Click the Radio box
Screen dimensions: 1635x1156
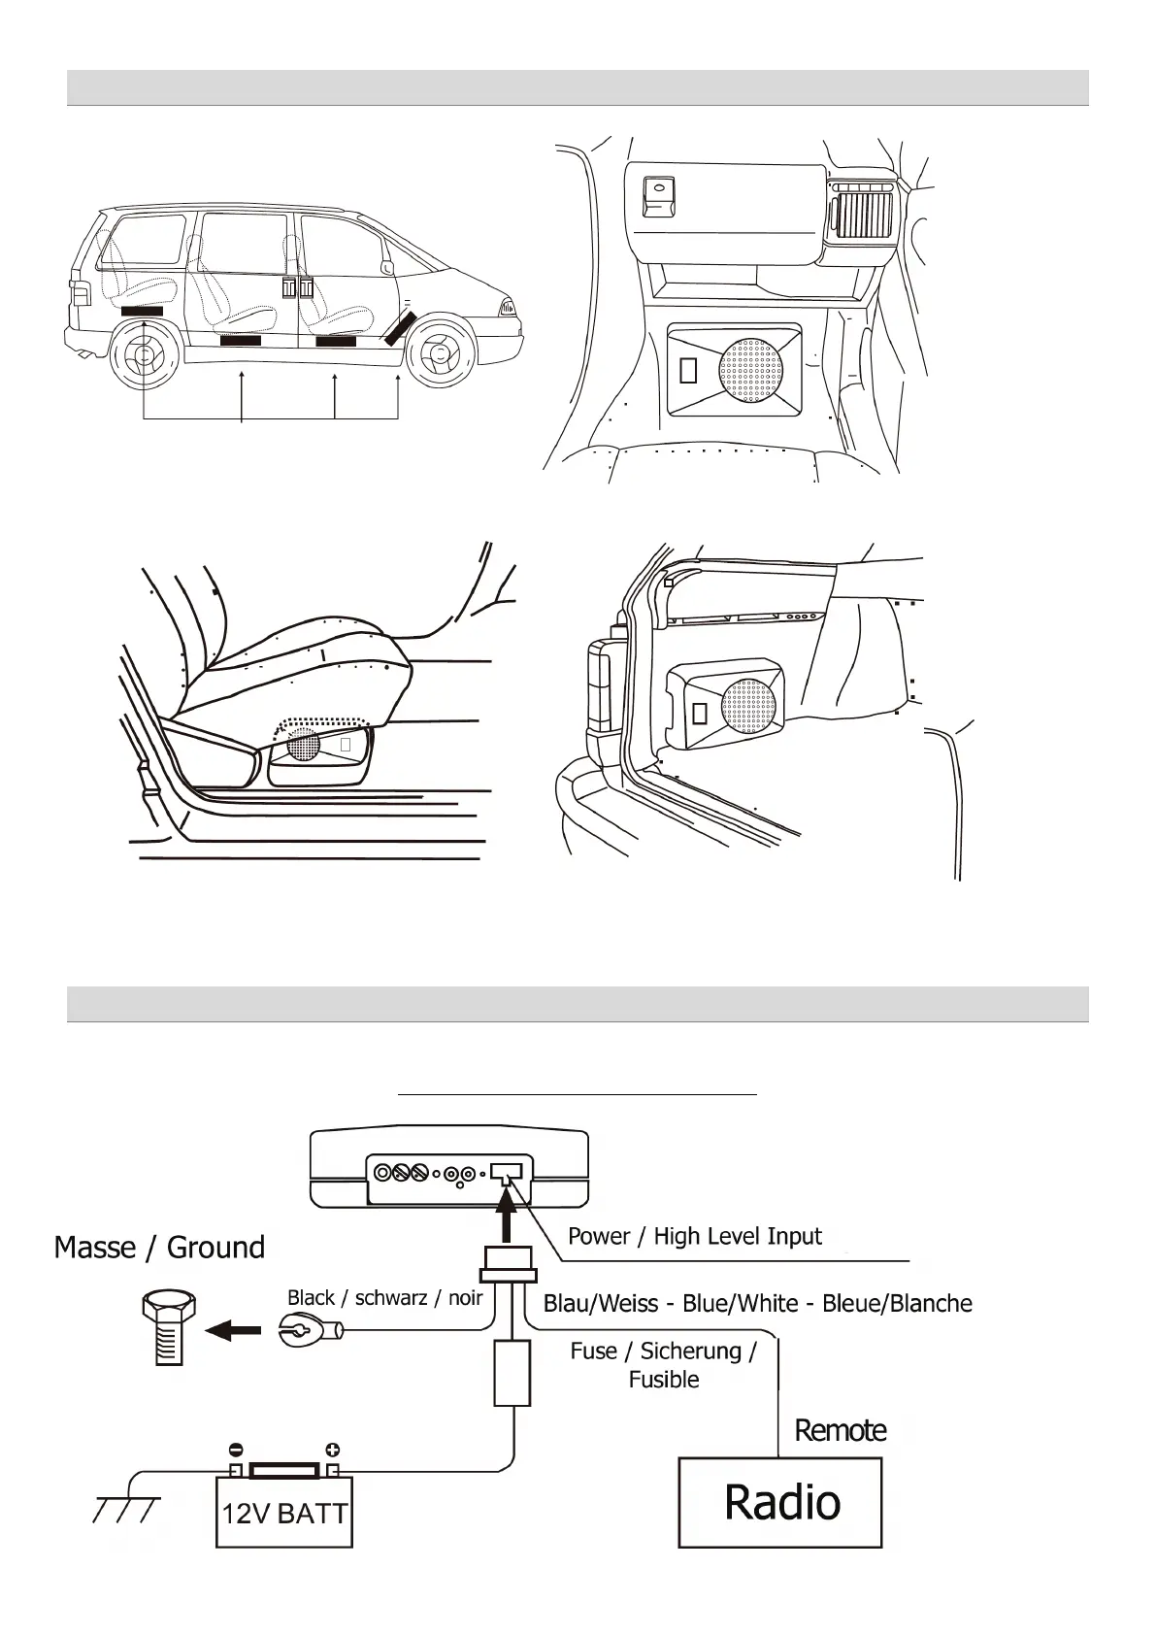(x=779, y=1501)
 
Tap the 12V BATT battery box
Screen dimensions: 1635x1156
(x=283, y=1513)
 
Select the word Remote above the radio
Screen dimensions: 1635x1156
(x=841, y=1430)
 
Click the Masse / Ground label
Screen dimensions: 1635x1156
(x=159, y=1247)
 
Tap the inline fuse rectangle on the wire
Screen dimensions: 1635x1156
(x=512, y=1372)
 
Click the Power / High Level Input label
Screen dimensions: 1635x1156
(x=694, y=1236)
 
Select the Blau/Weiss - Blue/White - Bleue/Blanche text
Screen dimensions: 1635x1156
(x=757, y=1303)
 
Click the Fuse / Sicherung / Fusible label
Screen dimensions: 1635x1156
(x=663, y=1364)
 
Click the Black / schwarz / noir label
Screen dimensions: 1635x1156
(x=384, y=1298)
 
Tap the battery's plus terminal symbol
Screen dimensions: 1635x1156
(x=332, y=1450)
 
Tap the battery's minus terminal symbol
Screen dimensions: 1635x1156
(x=235, y=1451)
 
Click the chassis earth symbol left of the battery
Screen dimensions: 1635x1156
(x=124, y=1510)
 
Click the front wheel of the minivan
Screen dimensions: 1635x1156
(x=441, y=354)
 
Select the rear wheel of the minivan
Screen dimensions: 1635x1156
(x=144, y=356)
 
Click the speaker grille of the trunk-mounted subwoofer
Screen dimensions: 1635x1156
(x=748, y=707)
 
